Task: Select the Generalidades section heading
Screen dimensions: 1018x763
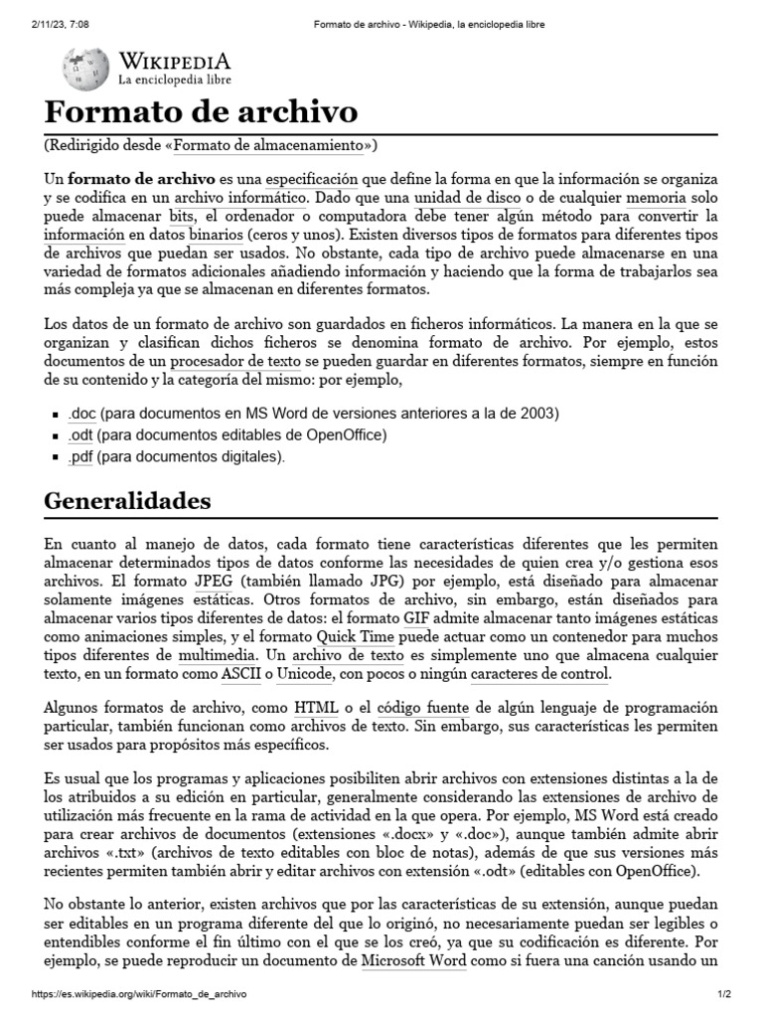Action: (x=127, y=500)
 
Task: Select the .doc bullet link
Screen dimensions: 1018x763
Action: (x=81, y=414)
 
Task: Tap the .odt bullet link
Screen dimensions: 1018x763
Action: (x=80, y=435)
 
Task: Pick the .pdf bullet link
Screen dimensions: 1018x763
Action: (x=80, y=457)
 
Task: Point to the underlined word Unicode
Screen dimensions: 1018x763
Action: (x=305, y=675)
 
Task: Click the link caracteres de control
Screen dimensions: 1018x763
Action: (x=538, y=675)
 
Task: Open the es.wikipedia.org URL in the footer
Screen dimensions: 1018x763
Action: (x=139, y=994)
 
